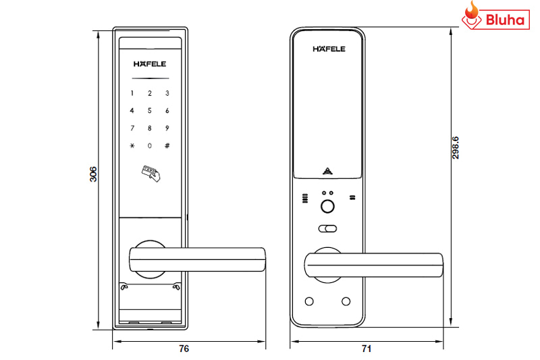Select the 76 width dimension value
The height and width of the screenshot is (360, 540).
[x=184, y=349]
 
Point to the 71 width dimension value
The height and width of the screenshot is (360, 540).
[x=367, y=349]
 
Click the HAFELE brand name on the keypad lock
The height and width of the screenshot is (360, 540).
[x=150, y=66]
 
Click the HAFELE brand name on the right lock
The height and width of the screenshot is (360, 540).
[x=329, y=49]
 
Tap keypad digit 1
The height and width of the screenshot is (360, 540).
[x=133, y=93]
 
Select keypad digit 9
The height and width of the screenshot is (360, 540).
[x=167, y=128]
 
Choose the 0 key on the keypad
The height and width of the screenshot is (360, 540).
[x=150, y=146]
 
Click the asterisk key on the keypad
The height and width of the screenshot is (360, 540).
[x=133, y=146]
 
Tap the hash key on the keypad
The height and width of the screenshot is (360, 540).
[x=167, y=146]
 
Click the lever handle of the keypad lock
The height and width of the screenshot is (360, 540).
[x=196, y=257]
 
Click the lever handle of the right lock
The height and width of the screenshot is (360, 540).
[x=375, y=264]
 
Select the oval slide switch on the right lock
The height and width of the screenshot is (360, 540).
[x=329, y=228]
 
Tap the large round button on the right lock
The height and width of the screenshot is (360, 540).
[x=329, y=208]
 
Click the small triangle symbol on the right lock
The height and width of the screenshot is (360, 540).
[x=329, y=171]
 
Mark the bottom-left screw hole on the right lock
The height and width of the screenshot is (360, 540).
[x=310, y=301]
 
